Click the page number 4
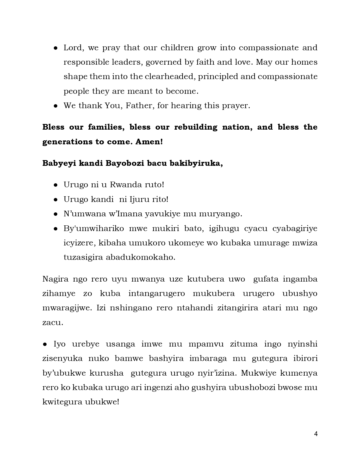pos(316,434)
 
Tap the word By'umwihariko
pos(94,228)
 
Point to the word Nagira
pos(55,279)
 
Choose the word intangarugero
pos(156,293)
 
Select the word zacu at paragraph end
pos(53,323)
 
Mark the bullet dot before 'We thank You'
pos(56,106)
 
